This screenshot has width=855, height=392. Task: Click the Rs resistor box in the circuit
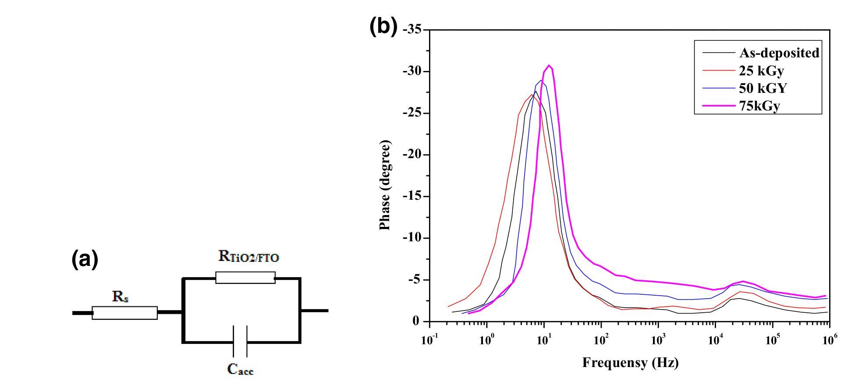tap(124, 313)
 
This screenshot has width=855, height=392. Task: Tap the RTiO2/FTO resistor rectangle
tap(245, 278)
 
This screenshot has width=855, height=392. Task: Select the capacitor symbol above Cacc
tap(240, 341)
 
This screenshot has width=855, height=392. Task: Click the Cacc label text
tap(241, 369)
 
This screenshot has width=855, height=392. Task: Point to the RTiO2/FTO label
tap(248, 257)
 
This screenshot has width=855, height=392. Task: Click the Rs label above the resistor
tap(121, 297)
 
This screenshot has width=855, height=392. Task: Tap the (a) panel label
tap(85, 260)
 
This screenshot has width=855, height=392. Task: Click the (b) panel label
tap(383, 27)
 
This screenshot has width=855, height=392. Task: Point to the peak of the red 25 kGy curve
tap(532, 95)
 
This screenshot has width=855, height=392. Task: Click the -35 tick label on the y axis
tap(412, 30)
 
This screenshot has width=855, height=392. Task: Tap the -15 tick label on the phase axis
tap(412, 196)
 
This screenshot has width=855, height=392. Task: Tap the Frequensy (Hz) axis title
tap(630, 363)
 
